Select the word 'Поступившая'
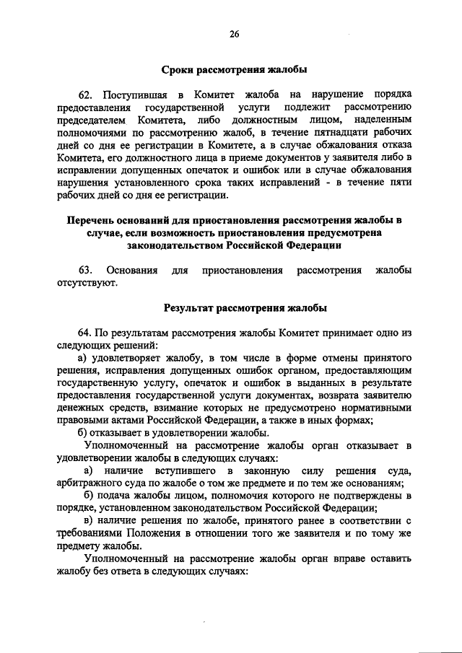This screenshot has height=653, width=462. [135, 95]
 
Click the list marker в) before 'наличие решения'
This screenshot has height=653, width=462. [89, 521]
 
